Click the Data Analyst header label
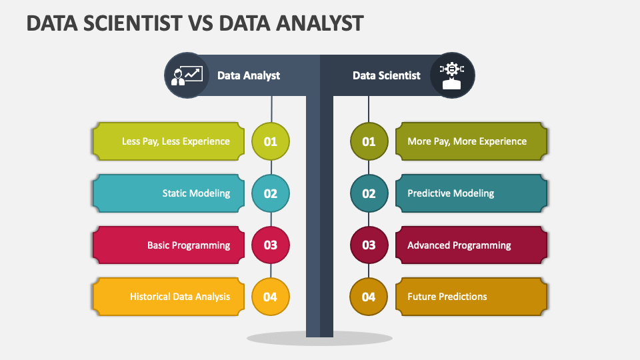tap(249, 75)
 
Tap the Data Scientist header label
tap(387, 75)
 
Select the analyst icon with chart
tap(187, 75)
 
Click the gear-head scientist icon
tap(452, 75)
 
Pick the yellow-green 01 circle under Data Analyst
tap(271, 141)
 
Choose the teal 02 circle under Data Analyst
tap(271, 193)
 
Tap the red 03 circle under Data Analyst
tap(271, 245)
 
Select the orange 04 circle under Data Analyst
tap(271, 297)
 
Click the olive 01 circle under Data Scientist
tap(369, 141)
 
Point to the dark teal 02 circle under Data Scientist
tap(369, 193)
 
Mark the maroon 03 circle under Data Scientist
tap(369, 245)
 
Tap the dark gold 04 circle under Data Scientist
tap(369, 297)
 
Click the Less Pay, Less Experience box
tap(169, 141)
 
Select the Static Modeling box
tap(169, 193)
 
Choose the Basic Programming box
tap(169, 245)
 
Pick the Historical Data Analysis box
tap(169, 297)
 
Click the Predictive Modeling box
tap(471, 193)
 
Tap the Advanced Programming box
tap(471, 245)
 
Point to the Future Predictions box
tap(471, 297)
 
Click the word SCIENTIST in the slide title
tap(133, 23)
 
